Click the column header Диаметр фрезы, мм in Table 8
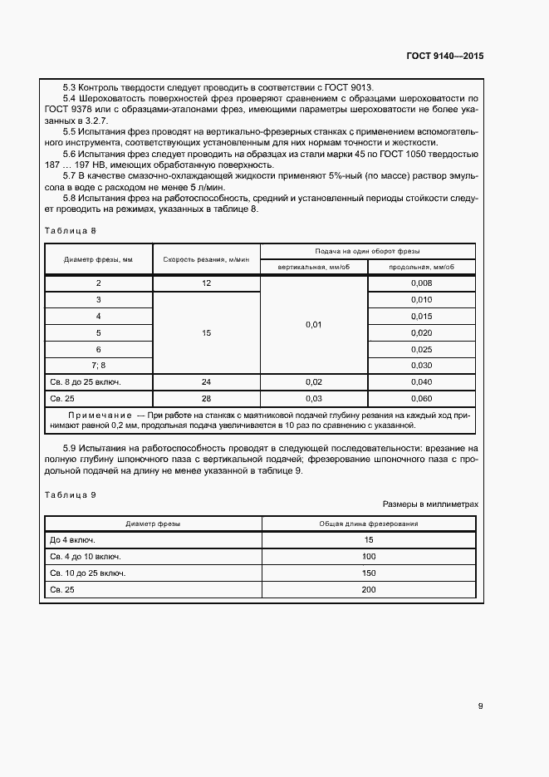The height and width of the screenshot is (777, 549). click(x=98, y=258)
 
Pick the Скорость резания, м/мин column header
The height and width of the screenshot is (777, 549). click(x=206, y=258)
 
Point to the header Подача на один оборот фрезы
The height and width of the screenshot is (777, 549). click(x=367, y=251)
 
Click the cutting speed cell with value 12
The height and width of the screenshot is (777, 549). click(x=206, y=283)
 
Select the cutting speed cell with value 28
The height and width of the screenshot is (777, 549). click(x=206, y=398)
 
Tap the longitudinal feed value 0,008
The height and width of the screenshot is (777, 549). click(x=421, y=283)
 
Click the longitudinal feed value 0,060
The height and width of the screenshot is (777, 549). click(x=421, y=398)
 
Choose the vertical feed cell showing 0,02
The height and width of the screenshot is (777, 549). click(x=313, y=381)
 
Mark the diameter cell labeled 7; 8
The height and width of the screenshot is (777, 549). click(x=98, y=366)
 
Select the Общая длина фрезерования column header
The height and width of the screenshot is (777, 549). click(x=369, y=524)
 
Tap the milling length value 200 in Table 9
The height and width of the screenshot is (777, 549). click(x=369, y=590)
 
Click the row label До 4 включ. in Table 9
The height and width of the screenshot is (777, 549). click(x=73, y=540)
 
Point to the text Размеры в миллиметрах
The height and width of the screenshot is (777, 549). click(x=430, y=504)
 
